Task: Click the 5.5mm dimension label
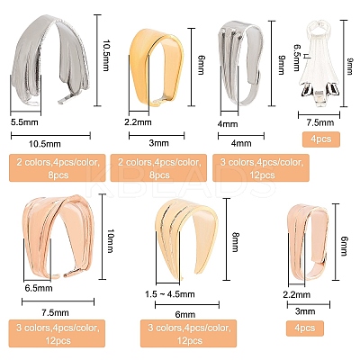pos(24,122)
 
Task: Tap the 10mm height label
pos(110,241)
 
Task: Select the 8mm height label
pos(234,242)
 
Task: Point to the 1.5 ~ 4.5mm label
pos(170,294)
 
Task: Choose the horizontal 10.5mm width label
pos(45,144)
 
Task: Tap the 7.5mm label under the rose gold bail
pos(55,313)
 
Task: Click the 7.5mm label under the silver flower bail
pos(320,122)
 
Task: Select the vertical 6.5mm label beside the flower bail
pos(296,58)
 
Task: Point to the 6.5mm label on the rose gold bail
pos(39,289)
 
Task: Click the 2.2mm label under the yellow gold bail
pos(138,122)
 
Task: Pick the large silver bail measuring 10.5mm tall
pos(50,60)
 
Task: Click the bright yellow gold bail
pos(156,67)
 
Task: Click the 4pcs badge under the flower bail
pos(321,139)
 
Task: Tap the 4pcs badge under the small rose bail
pos(305,328)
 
